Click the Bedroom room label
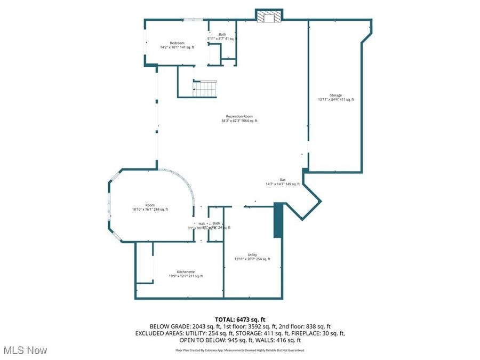pyautogui.click(x=177, y=43)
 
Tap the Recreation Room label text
pyautogui.click(x=239, y=116)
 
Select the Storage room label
pyautogui.click(x=335, y=95)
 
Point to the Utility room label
pyautogui.click(x=252, y=255)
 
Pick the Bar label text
pyautogui.click(x=283, y=180)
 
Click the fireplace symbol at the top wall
pyautogui.click(x=268, y=17)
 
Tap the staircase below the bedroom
pyautogui.click(x=205, y=89)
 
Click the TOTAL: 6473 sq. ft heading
pyautogui.click(x=239, y=319)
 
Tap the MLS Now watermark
pyautogui.click(x=25, y=350)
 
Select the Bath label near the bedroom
pyautogui.click(x=222, y=34)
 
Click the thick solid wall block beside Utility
pyautogui.click(x=278, y=220)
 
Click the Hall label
pyautogui.click(x=202, y=223)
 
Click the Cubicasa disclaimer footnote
pyautogui.click(x=239, y=350)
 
